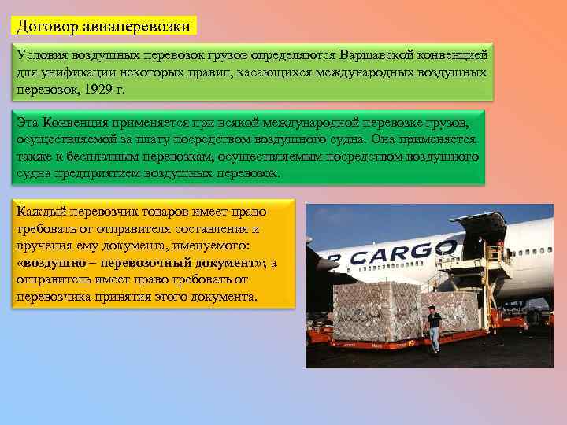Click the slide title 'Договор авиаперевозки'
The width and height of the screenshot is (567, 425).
coord(104,26)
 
